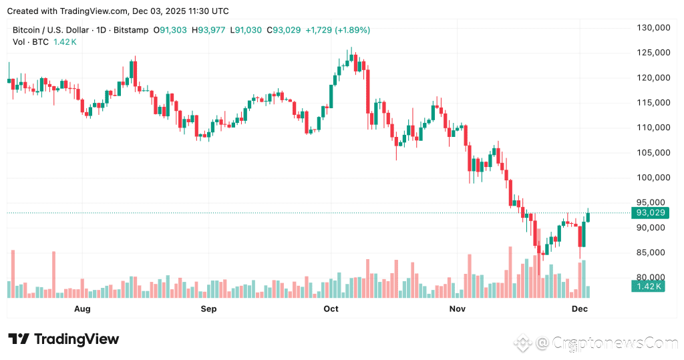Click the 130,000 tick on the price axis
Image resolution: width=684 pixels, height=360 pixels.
click(653, 28)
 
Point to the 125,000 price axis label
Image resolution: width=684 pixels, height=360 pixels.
click(653, 53)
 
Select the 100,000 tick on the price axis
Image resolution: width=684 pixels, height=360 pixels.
click(653, 178)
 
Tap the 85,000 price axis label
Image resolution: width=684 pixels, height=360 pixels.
click(653, 252)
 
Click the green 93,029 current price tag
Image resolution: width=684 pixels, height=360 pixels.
click(651, 212)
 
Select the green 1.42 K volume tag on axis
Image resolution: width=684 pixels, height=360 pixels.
click(647, 287)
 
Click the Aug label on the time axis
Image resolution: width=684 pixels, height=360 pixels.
click(82, 309)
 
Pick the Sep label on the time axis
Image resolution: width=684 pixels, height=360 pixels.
click(209, 309)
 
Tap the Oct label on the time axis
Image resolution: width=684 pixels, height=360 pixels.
click(331, 309)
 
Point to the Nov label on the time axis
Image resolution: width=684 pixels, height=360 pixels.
click(457, 309)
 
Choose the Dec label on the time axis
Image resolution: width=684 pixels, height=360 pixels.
click(579, 309)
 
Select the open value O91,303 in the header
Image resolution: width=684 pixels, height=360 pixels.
click(172, 30)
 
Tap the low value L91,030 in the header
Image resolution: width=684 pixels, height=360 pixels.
click(247, 30)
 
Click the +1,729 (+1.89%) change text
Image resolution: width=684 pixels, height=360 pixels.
click(337, 30)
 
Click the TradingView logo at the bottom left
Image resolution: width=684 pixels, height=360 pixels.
click(63, 339)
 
